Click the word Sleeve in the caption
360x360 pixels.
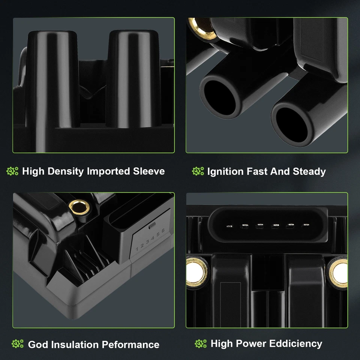point(149,171)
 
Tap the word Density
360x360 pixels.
point(66,172)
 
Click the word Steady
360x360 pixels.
point(309,172)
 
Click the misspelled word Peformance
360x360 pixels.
point(130,345)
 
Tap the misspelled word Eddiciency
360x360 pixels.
point(296,344)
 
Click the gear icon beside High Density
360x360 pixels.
point(12,171)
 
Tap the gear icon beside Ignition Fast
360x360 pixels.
point(198,171)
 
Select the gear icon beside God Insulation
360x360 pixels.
point(18,344)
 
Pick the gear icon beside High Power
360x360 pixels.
point(201,344)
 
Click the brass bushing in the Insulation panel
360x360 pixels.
point(79,207)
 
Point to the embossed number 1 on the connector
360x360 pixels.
point(137,249)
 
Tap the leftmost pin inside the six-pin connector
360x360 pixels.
point(229,226)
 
